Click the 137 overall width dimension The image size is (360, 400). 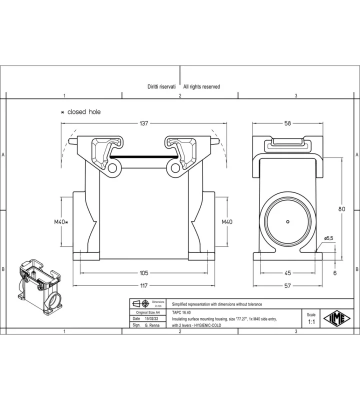coord(143,123)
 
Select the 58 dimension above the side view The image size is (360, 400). coord(287,123)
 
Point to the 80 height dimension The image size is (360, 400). coord(341,209)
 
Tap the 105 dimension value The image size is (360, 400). coord(143,273)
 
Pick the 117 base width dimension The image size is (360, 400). coord(144,285)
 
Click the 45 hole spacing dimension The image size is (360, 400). coord(287,273)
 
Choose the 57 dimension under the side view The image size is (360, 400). coord(287,285)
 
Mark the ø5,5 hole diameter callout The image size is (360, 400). coord(328,238)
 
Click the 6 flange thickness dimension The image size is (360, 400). coord(335,273)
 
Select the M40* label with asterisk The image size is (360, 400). coord(61,222)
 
